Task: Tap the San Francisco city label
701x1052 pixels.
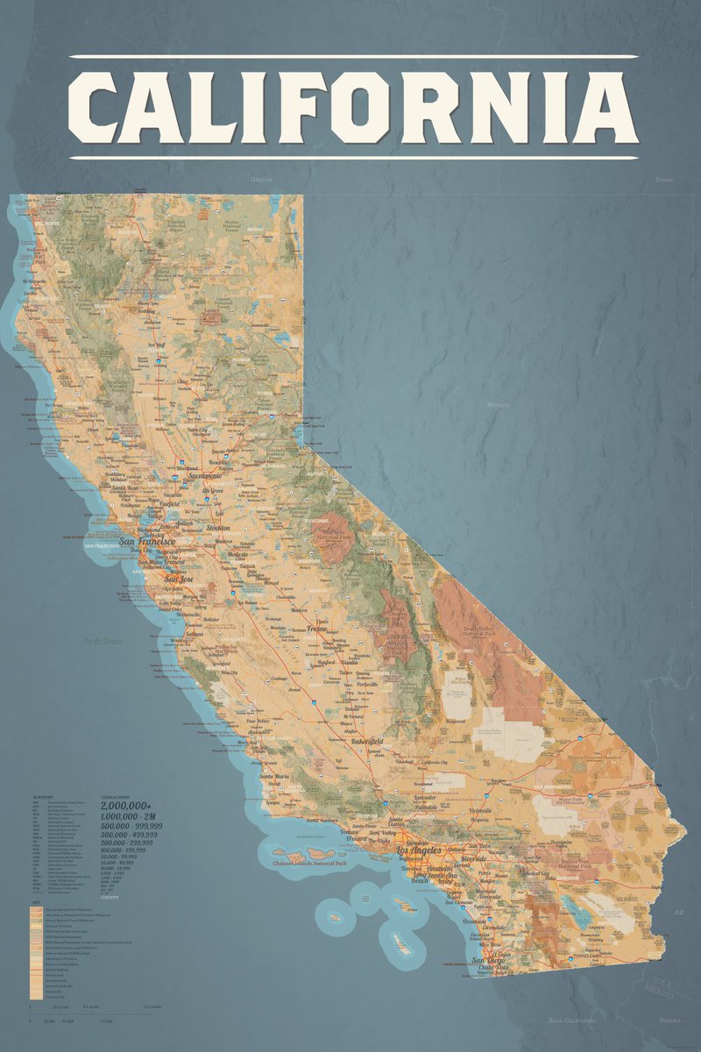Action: coord(147,543)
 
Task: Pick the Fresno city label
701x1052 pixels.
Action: coord(322,629)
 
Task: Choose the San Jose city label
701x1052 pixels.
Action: coord(179,579)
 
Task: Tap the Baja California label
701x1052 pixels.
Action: coord(572,1021)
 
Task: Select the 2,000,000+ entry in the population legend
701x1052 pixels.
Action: coord(126,804)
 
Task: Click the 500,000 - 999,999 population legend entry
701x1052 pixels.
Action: coord(131,826)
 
